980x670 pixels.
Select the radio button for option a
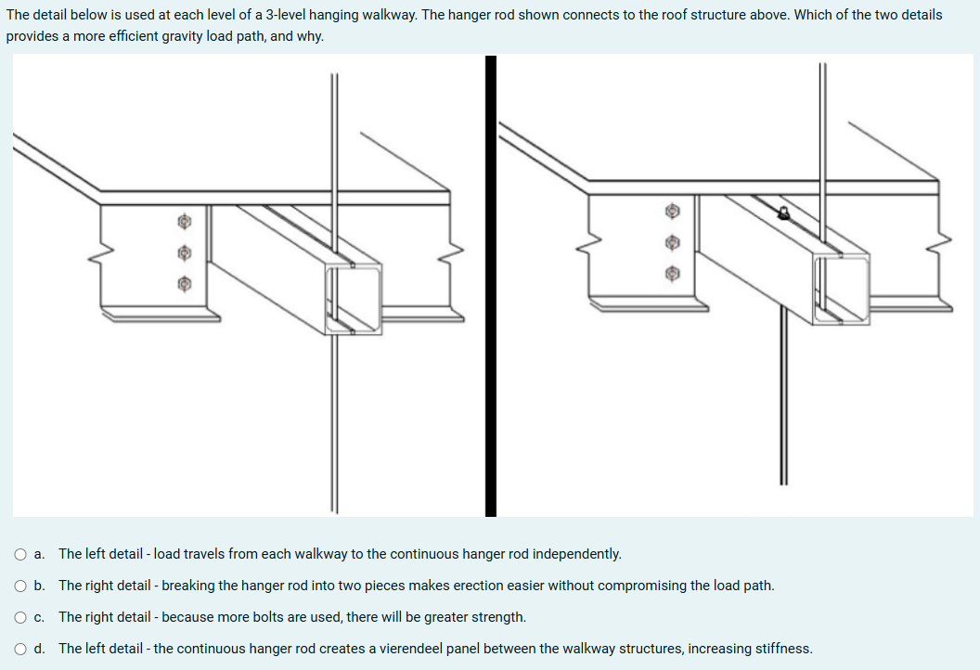[19, 554]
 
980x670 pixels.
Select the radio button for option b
[19, 586]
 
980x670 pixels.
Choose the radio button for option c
[19, 617]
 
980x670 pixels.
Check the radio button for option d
[19, 649]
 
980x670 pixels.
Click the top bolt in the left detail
[185, 222]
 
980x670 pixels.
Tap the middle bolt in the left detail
[185, 251]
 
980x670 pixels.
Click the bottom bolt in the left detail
[185, 282]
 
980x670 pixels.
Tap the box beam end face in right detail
[842, 290]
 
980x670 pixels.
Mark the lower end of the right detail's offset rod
[783, 481]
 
